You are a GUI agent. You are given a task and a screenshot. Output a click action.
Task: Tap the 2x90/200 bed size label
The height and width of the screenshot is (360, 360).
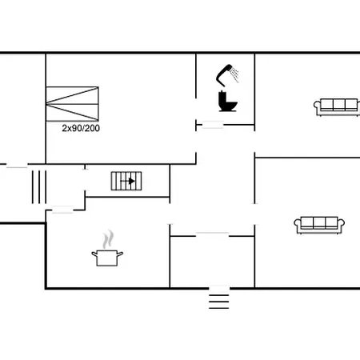coord(81,127)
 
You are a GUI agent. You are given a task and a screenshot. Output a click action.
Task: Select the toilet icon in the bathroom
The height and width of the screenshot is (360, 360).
coord(226,102)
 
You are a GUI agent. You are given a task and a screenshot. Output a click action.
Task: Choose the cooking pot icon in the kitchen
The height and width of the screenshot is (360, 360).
coord(107,258)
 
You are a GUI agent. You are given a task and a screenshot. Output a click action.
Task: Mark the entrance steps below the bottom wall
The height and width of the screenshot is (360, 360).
coord(218,300)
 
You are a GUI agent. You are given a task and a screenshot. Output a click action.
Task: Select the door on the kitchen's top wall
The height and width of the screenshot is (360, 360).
coord(62,210)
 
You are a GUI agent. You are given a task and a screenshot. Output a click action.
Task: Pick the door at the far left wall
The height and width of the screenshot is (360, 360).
coord(17,166)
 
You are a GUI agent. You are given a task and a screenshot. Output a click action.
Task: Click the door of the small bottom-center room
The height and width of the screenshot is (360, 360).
coord(212,234)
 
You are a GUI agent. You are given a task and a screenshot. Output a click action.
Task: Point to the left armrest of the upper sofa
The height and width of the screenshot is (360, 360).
coord(316,106)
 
